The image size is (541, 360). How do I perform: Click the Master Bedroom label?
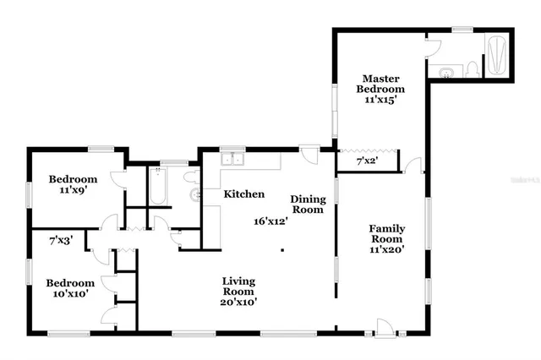tap(380, 83)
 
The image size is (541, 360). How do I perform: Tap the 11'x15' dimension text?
tap(380, 100)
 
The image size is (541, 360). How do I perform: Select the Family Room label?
tap(386, 234)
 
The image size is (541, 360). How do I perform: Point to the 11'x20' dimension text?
tap(386, 249)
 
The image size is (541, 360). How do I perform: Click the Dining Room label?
tap(307, 204)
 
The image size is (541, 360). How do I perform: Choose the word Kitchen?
tap(244, 194)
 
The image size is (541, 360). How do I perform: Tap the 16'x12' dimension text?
tap(271, 221)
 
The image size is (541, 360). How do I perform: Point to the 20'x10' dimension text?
tap(239, 301)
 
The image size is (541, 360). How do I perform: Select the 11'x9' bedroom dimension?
tap(72, 191)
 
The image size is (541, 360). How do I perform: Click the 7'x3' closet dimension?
tap(60, 240)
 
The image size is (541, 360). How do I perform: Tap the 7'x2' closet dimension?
tap(367, 160)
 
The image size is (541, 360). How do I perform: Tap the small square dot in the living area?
tap(282, 249)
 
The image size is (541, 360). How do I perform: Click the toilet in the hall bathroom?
tap(190, 177)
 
